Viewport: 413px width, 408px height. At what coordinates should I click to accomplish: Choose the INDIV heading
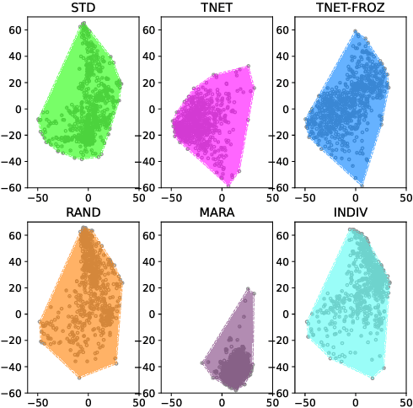(x=355, y=212)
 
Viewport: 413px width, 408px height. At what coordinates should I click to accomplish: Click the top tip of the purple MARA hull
(x=249, y=288)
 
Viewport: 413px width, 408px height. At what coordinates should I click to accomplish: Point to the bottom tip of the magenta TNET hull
(x=228, y=185)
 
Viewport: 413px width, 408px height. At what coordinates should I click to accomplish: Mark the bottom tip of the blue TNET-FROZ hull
(x=362, y=185)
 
